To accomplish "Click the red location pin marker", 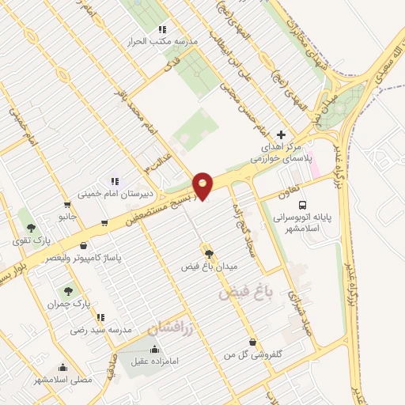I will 203,185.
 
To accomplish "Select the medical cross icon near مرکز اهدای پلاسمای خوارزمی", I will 282,135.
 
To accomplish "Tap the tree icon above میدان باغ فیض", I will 209,253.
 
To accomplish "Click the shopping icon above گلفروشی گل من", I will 252,342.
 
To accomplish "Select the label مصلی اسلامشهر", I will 63,380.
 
